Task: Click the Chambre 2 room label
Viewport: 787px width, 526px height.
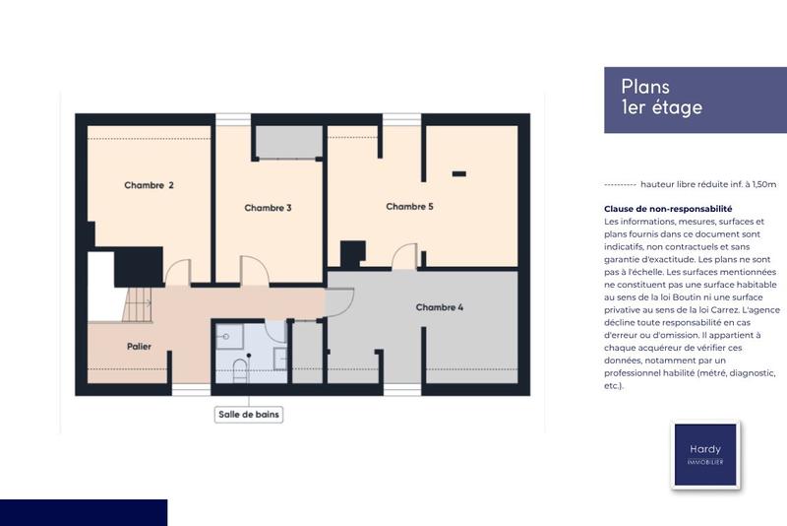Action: pyautogui.click(x=149, y=185)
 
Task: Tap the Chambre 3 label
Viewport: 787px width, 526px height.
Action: pyautogui.click(x=268, y=208)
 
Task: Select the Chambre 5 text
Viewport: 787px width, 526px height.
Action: pyautogui.click(x=409, y=207)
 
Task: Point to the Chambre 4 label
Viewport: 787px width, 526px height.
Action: pyautogui.click(x=439, y=307)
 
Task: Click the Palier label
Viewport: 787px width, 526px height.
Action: pyautogui.click(x=138, y=347)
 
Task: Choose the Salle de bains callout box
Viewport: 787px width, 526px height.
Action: pyautogui.click(x=250, y=415)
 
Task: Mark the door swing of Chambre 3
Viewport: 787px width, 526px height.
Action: pyautogui.click(x=254, y=269)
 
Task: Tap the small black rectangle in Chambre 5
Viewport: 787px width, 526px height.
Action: pyautogui.click(x=458, y=173)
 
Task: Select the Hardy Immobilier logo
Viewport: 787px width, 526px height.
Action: pyautogui.click(x=704, y=454)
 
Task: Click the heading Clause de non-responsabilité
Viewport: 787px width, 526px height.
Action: pyautogui.click(x=668, y=209)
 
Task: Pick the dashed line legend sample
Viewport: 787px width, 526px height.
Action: pyautogui.click(x=619, y=184)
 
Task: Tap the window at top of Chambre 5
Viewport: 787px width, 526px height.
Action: pyautogui.click(x=402, y=119)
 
